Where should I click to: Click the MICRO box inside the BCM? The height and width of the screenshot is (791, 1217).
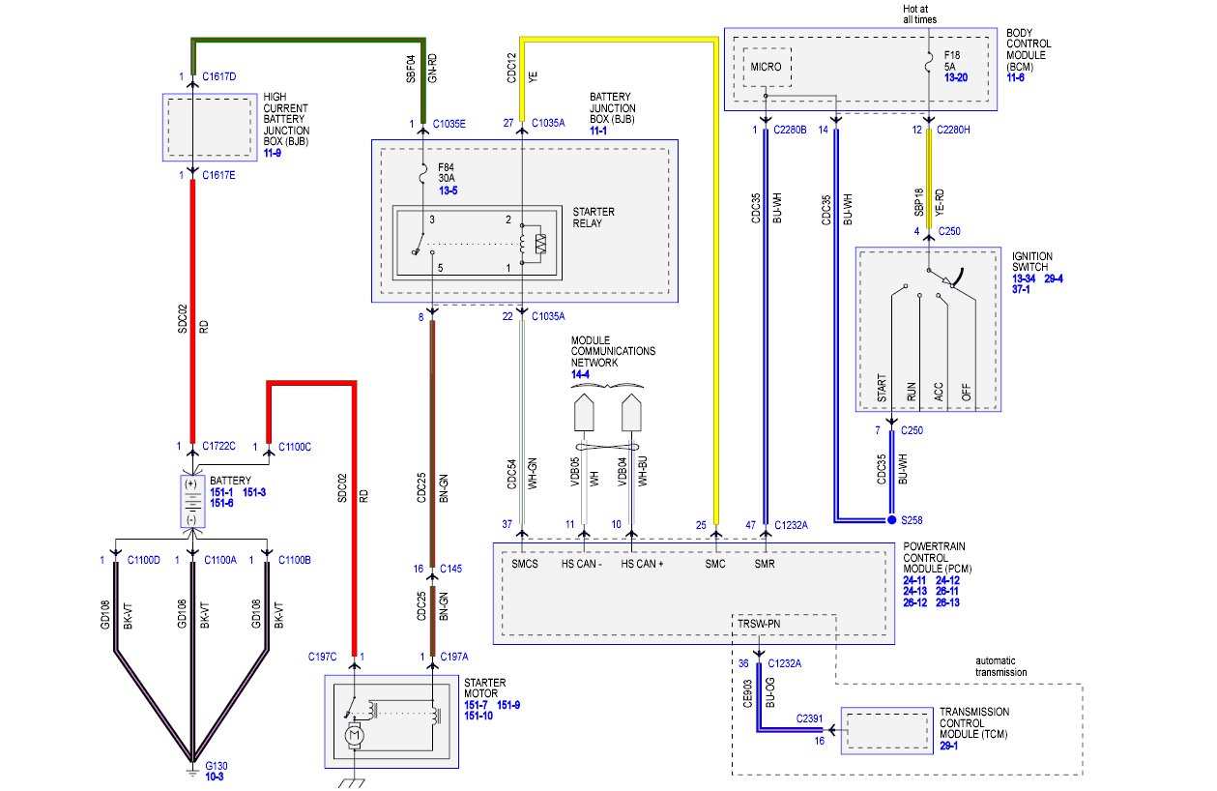[767, 67]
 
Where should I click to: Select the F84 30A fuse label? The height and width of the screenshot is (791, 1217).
[447, 173]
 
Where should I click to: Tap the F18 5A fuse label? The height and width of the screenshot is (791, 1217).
[952, 61]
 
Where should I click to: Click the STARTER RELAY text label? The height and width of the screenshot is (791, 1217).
[594, 218]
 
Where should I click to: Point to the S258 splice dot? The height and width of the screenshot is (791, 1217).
[891, 520]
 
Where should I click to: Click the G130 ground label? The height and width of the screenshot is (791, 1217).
[217, 766]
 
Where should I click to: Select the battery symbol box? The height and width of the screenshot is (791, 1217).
[192, 501]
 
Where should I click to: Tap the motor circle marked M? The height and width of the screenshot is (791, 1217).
[354, 736]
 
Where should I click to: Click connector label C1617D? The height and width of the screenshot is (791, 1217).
[219, 76]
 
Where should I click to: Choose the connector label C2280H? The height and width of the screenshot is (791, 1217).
[953, 130]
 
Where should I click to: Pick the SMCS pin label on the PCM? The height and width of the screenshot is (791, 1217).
[524, 565]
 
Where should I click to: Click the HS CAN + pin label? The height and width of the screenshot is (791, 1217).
[642, 565]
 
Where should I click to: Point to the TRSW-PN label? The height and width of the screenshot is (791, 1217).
[759, 624]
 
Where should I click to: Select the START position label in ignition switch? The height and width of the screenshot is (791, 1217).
[882, 388]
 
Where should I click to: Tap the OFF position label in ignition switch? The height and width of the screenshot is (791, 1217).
[966, 393]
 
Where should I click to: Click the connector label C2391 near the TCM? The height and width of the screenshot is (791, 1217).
[809, 718]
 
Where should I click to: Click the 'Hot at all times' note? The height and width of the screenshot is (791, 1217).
[920, 15]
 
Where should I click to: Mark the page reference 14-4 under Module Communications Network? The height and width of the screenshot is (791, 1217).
[580, 374]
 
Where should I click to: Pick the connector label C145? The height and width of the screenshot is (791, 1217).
[451, 569]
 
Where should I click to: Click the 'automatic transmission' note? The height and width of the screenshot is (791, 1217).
[1000, 666]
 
